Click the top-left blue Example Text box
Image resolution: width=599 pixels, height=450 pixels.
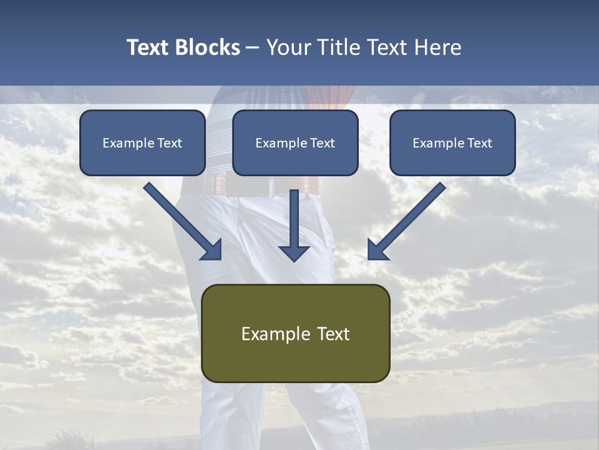click(142, 143)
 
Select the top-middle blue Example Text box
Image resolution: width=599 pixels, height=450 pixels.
click(295, 143)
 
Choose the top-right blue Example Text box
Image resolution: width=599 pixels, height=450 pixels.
click(452, 143)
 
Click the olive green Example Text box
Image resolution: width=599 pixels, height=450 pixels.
click(296, 333)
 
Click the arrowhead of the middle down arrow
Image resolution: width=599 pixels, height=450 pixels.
click(295, 252)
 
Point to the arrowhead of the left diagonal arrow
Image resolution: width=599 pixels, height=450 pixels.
click(212, 249)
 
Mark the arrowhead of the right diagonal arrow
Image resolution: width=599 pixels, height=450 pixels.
click(377, 249)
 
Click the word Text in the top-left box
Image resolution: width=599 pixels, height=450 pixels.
click(170, 143)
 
